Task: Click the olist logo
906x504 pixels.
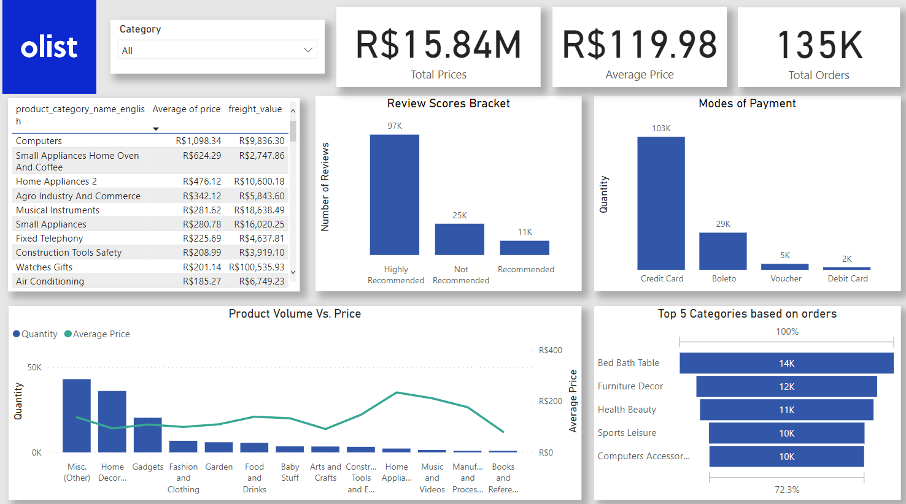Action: (49, 47)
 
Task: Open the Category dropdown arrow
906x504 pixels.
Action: (308, 50)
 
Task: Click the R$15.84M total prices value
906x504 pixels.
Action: (438, 45)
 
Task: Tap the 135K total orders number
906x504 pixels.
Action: (819, 46)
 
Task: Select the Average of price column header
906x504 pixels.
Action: (186, 109)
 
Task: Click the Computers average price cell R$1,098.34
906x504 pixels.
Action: (198, 141)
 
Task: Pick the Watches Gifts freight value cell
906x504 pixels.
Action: (257, 267)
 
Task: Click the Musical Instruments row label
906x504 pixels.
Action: (58, 210)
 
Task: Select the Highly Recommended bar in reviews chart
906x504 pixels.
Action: (394, 194)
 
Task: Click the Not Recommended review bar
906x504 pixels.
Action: (459, 239)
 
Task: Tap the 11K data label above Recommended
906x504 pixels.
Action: (524, 232)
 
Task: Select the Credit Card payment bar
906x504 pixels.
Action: (661, 203)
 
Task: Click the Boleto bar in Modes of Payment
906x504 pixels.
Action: (723, 251)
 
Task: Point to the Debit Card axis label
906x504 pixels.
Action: (847, 278)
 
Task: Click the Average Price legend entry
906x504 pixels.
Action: (101, 334)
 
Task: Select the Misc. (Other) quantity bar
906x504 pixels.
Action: (77, 415)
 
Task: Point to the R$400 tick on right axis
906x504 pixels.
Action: (550, 350)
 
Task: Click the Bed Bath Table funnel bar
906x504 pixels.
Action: (786, 363)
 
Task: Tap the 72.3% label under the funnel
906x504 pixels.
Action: (787, 490)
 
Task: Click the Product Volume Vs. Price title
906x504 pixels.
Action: (295, 314)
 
